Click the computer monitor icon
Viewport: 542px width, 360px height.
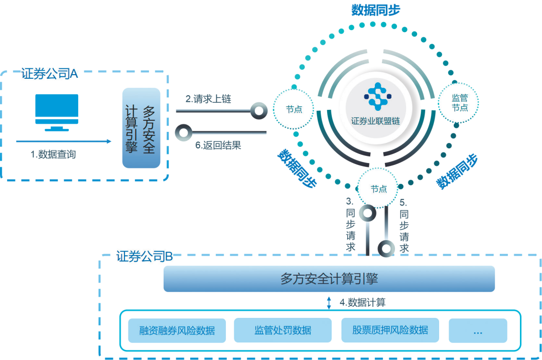[x=57, y=112]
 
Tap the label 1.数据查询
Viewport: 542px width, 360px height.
[x=53, y=154]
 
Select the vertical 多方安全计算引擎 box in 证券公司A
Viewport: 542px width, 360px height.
[x=141, y=128]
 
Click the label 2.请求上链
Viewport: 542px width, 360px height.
[x=208, y=99]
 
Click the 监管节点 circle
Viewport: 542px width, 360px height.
[x=460, y=103]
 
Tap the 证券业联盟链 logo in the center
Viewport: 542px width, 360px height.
[x=376, y=96]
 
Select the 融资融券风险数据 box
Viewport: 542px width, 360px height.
[x=177, y=330]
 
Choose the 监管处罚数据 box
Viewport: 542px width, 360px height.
[x=283, y=330]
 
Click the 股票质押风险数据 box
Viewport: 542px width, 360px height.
[x=390, y=330]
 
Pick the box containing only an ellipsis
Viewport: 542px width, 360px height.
[x=478, y=330]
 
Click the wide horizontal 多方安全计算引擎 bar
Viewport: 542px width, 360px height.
[x=329, y=279]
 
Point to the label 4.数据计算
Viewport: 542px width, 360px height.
[x=362, y=302]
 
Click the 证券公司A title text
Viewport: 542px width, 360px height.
[x=49, y=74]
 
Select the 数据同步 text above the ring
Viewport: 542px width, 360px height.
[x=376, y=10]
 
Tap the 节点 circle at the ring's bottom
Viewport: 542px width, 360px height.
[x=378, y=189]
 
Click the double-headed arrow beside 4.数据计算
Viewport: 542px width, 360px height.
[x=329, y=302]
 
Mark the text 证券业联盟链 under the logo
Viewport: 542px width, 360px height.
[x=376, y=121]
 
